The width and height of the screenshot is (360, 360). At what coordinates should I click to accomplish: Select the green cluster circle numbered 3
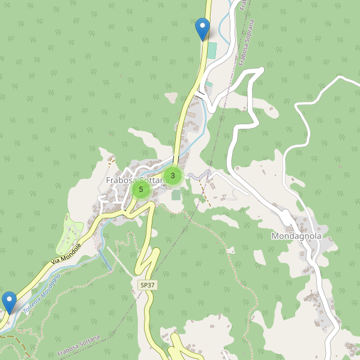[x=173, y=175]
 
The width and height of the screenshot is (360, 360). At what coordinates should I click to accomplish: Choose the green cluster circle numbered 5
[x=141, y=190]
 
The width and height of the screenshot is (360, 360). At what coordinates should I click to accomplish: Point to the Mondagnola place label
[x=296, y=236]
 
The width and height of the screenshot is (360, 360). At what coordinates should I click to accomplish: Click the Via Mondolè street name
[x=66, y=254]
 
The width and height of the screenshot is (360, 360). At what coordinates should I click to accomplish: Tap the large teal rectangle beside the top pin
[x=212, y=50]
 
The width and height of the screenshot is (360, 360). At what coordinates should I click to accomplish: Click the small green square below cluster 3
[x=176, y=195]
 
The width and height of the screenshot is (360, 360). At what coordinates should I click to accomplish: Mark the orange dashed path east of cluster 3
[x=204, y=192]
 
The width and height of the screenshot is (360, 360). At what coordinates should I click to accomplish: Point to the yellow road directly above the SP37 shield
[x=147, y=264]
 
